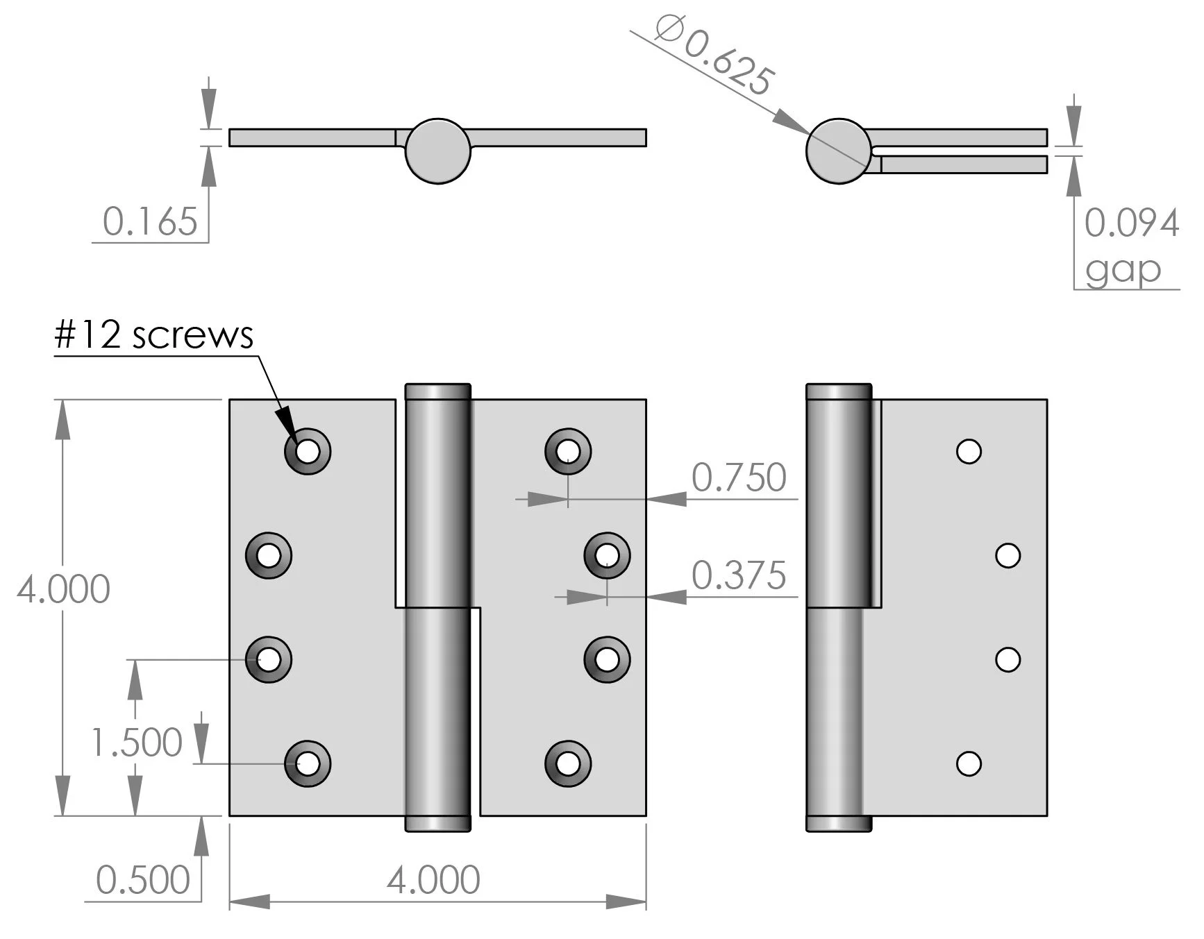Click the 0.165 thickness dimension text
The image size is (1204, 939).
[x=150, y=222]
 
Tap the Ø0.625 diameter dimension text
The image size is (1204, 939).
[x=714, y=58]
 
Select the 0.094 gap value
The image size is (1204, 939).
[x=1131, y=223]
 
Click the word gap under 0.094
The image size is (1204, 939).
[x=1123, y=269]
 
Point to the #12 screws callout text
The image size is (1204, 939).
[x=153, y=335]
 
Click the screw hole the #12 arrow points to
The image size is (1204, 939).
[x=308, y=452]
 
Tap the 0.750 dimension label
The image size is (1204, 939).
[x=739, y=477]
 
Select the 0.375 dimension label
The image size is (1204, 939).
[x=739, y=575]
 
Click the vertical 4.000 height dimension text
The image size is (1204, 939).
[x=63, y=589]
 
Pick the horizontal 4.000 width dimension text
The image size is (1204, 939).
[x=433, y=880]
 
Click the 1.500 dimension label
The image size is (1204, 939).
[x=137, y=743]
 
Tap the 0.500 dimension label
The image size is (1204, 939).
[x=143, y=880]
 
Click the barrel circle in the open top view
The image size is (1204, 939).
[x=437, y=151]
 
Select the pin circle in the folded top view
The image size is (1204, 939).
[x=838, y=151]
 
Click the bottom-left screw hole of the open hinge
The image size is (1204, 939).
[x=308, y=763]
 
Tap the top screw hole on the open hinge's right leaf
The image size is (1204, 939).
[x=568, y=451]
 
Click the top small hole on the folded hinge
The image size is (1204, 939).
[x=969, y=451]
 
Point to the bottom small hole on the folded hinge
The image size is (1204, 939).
[x=969, y=763]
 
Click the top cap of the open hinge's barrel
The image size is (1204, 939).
[x=437, y=391]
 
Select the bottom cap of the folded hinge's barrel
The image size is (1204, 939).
[x=838, y=823]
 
